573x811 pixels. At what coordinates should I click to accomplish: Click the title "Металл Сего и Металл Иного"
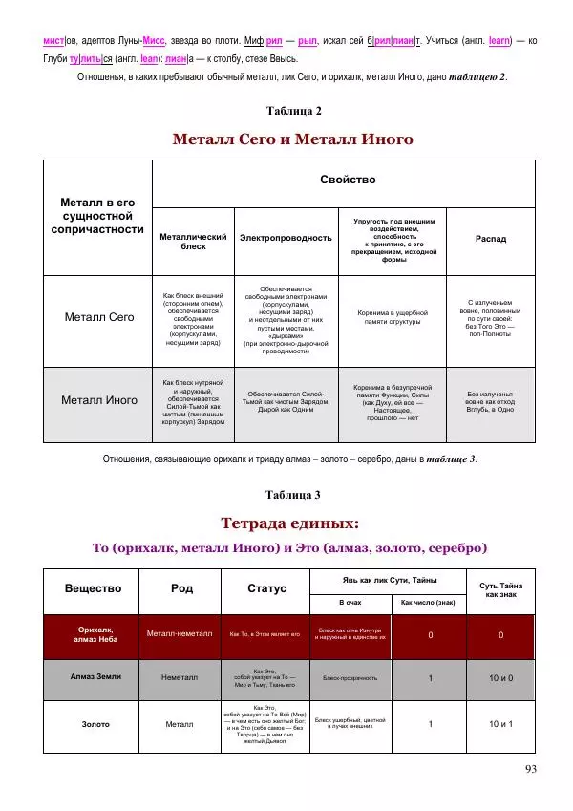pyautogui.click(x=292, y=139)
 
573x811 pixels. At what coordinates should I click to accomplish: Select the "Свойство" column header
pyautogui.click(x=348, y=180)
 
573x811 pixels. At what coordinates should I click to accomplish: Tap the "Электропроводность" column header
pyautogui.click(x=286, y=238)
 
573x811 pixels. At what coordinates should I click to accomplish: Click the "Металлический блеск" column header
pyautogui.click(x=193, y=241)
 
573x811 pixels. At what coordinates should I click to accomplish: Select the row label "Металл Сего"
pyautogui.click(x=99, y=316)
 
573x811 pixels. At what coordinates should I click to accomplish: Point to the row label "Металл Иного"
pyautogui.click(x=99, y=400)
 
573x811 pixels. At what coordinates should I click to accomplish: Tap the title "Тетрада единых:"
pyautogui.click(x=290, y=523)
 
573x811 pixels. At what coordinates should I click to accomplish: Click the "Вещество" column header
pyautogui.click(x=93, y=588)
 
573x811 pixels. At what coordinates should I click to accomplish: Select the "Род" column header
pyautogui.click(x=181, y=588)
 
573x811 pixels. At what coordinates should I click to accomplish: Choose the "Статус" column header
pyautogui.click(x=266, y=588)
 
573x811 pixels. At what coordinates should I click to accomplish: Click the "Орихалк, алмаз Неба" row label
pyautogui.click(x=93, y=634)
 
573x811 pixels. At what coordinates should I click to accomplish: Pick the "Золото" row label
pyautogui.click(x=93, y=724)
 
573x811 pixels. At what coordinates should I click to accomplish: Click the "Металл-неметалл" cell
pyautogui.click(x=181, y=634)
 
